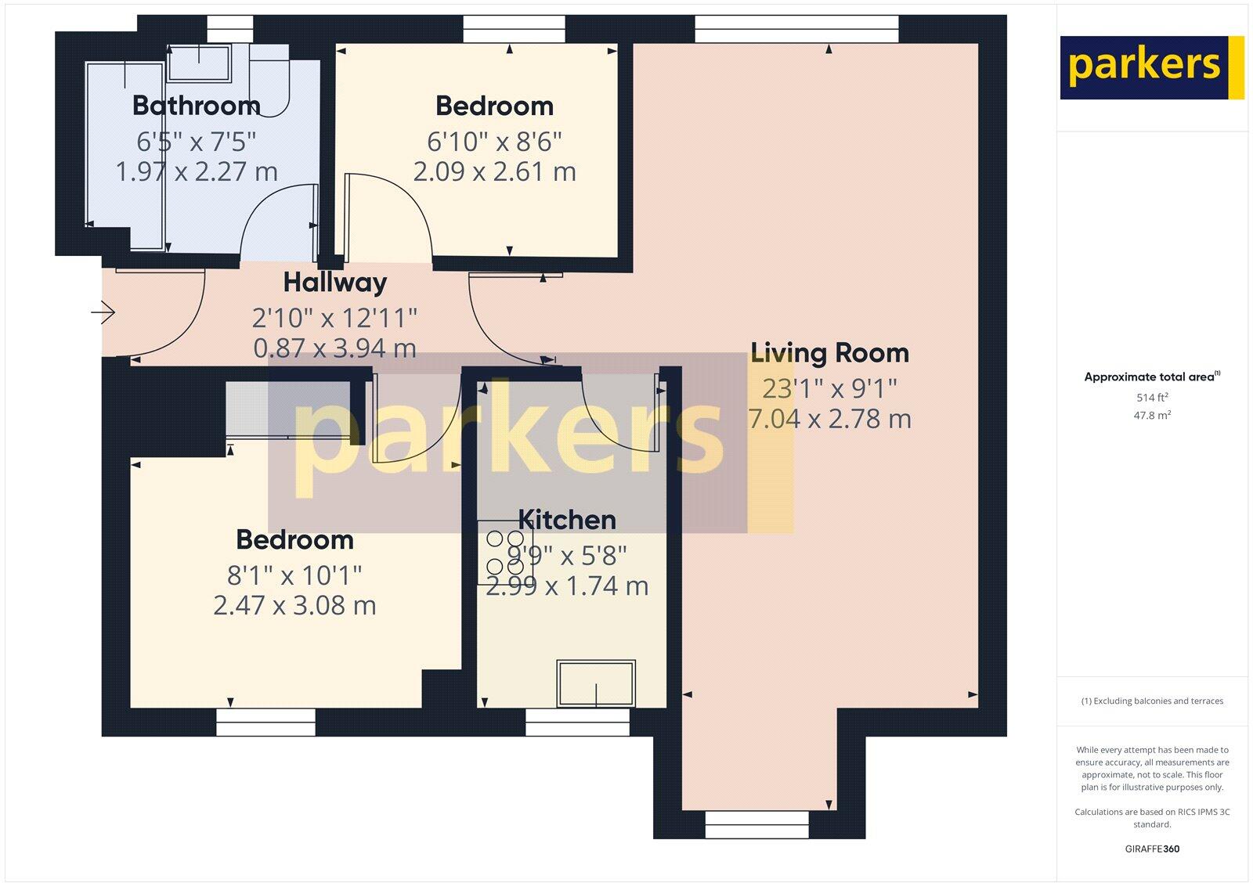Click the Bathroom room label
coord(196,105)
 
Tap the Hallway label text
coord(335,282)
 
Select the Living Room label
coord(829,353)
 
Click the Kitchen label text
coord(567,520)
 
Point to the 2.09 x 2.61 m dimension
coord(494,171)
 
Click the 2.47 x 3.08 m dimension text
coord(294,605)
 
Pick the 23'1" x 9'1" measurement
coord(829,387)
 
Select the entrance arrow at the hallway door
coord(103,313)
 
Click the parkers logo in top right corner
coord(1151,67)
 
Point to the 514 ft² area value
coord(1152,398)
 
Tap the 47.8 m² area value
coord(1152,416)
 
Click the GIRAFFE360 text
coord(1152,849)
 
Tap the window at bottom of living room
coord(756,825)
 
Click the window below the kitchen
coord(577,722)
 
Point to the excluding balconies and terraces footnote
coord(1152,701)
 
